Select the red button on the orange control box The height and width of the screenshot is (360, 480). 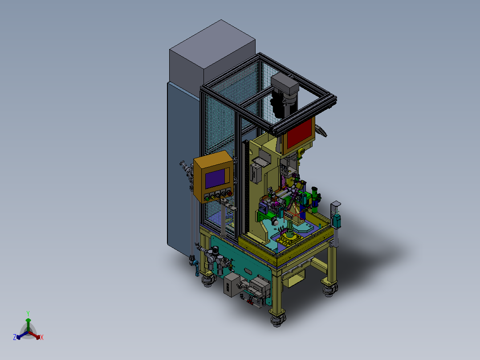(x=229, y=193)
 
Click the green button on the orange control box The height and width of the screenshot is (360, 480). (x=207, y=199)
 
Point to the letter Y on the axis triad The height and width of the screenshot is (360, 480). (x=28, y=313)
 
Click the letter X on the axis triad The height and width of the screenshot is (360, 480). (x=42, y=337)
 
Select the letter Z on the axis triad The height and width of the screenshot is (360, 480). (x=15, y=337)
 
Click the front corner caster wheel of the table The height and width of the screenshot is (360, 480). (x=278, y=319)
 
